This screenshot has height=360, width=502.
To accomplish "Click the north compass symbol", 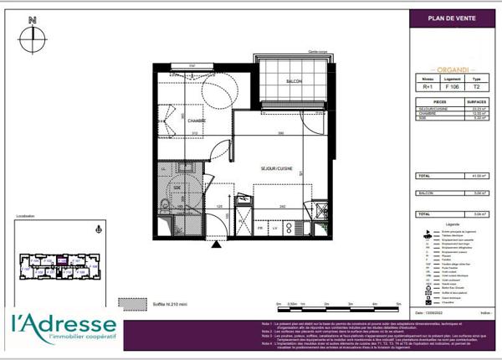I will pos(32,33).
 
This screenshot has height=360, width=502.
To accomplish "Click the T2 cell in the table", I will pos(476,86).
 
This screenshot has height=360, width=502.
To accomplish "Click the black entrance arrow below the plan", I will pos(216,245).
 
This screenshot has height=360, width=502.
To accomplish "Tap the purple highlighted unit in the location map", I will pos(61,260).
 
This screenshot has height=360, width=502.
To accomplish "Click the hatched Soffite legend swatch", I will pos(128,303).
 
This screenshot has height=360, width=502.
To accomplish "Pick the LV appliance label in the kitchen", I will pos(273,227).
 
